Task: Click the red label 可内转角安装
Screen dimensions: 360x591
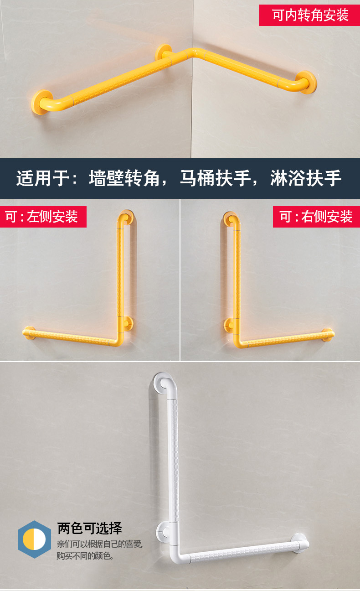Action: [309, 15]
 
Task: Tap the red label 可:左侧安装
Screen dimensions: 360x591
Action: [43, 217]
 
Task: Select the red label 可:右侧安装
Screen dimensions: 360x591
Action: [316, 217]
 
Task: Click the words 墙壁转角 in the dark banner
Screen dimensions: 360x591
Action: [124, 178]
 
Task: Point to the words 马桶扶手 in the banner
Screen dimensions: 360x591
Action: [215, 178]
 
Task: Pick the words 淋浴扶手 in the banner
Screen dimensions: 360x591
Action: [306, 178]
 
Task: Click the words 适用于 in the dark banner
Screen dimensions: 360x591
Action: [43, 178]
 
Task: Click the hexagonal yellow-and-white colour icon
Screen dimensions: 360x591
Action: [34, 539]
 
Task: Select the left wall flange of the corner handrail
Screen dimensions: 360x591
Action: [41, 101]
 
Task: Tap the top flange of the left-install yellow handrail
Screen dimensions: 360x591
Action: [126, 217]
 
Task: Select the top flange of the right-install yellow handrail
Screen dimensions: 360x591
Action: [230, 219]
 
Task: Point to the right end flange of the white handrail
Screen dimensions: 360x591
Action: [300, 543]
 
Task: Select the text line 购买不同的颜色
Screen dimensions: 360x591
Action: [85, 556]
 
